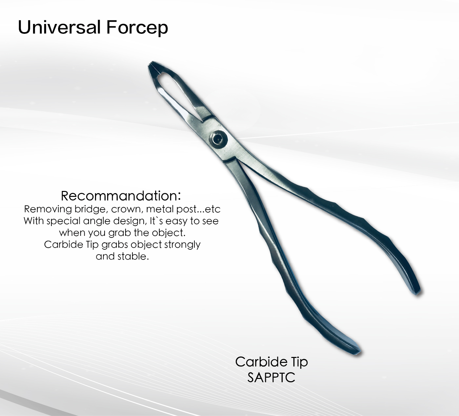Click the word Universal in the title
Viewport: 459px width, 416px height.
click(59, 27)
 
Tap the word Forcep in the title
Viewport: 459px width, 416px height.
click(137, 28)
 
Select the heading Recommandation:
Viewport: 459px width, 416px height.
click(121, 196)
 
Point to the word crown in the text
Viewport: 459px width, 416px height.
click(126, 209)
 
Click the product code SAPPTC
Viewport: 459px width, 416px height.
click(271, 377)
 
